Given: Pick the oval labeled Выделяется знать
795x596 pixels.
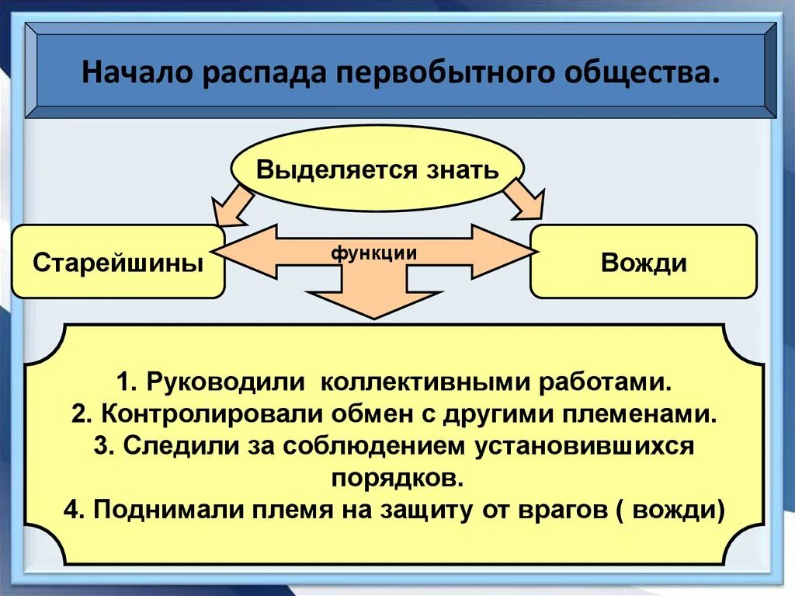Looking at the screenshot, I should pyautogui.click(x=378, y=169).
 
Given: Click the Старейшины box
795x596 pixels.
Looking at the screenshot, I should pyautogui.click(x=118, y=262).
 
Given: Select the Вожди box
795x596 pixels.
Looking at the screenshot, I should pyautogui.click(x=643, y=262).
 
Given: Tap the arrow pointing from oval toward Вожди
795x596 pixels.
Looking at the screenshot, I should pyautogui.click(x=524, y=200).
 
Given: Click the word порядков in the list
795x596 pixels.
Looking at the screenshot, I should pyautogui.click(x=397, y=476).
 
